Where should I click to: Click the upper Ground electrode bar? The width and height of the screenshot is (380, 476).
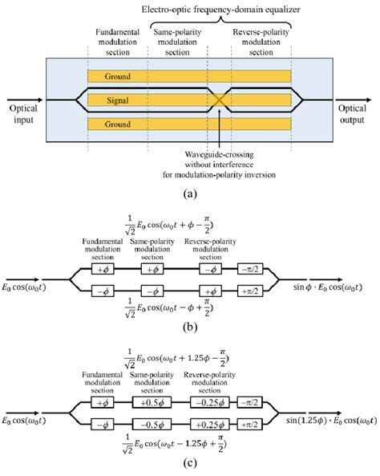coord(189,77)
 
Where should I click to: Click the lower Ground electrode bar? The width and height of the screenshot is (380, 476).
coord(189,124)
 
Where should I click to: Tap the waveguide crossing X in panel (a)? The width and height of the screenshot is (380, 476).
coord(218,101)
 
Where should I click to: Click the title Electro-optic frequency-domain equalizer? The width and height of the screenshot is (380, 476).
coord(189,8)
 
